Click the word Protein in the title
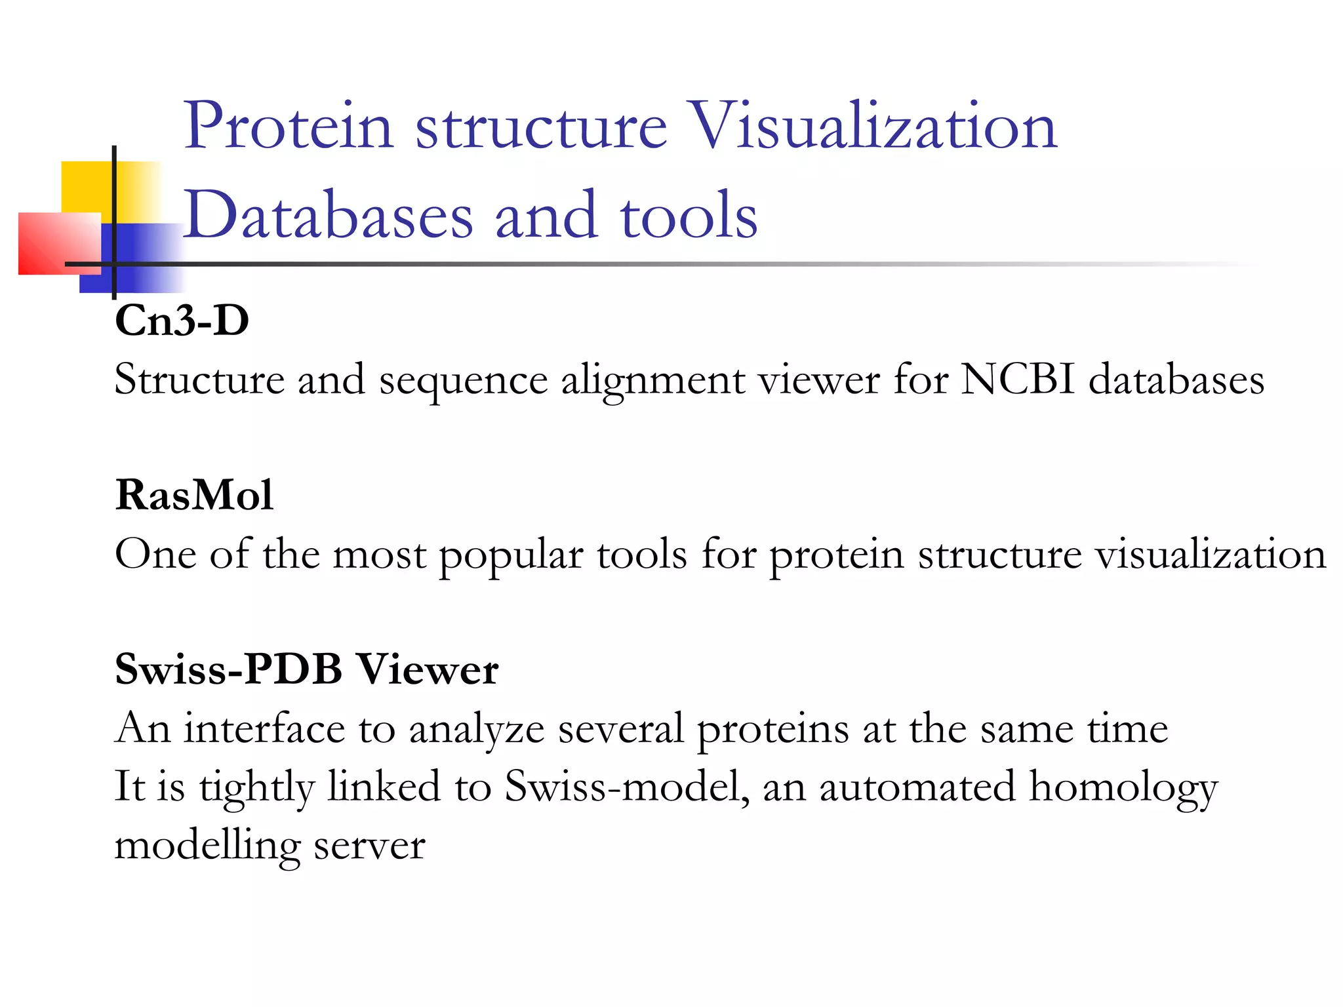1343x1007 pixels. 288,126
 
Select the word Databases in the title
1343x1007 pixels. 327,215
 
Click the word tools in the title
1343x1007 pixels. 689,215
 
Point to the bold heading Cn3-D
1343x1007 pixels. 182,321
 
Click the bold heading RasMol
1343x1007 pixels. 194,495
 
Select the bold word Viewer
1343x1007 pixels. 428,669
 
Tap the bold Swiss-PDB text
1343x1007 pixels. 229,669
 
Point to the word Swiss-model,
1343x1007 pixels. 627,786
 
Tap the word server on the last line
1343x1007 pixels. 370,846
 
